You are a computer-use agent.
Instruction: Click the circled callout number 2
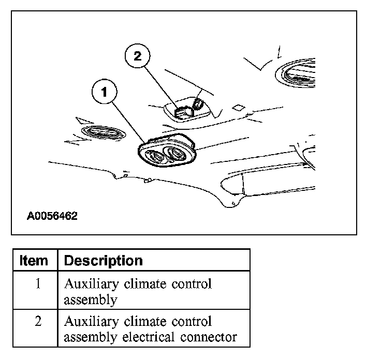137,56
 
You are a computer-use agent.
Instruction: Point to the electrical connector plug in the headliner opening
182,111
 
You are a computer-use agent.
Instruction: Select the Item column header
34,260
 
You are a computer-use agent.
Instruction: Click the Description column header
103,260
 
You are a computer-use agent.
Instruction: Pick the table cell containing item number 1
38,284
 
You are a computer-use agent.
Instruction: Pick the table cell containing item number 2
38,322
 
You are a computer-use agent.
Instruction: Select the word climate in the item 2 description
139,321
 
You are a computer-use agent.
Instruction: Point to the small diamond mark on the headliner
239,108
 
